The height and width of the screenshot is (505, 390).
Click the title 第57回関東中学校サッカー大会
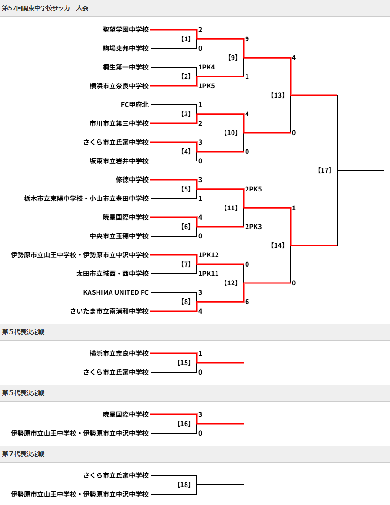pyautogui.click(x=45, y=8)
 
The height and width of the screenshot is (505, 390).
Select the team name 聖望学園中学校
pyautogui.click(x=126, y=30)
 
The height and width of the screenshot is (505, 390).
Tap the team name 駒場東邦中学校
pyautogui.click(x=126, y=48)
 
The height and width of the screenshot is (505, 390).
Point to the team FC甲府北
pyautogui.click(x=135, y=105)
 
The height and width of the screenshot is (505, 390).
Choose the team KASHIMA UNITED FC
pyautogui.click(x=116, y=292)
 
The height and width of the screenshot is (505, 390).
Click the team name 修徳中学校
pyautogui.click(x=132, y=180)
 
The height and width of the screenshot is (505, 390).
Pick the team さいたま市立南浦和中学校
pyautogui.click(x=109, y=311)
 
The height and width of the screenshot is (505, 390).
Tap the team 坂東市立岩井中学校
pyautogui.click(x=119, y=161)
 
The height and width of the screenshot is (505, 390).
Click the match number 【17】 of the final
pyautogui.click(x=325, y=170)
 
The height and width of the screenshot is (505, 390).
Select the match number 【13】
pyautogui.click(x=277, y=95)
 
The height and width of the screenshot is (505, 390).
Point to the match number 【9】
pyautogui.click(x=232, y=58)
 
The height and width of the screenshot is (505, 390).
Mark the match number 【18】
pyautogui.click(x=184, y=485)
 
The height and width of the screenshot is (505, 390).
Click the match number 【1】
pyautogui.click(x=186, y=39)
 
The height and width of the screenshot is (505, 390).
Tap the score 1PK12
pyautogui.click(x=209, y=255)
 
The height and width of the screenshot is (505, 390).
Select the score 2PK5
pyautogui.click(x=254, y=189)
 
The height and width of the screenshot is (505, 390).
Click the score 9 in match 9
pyautogui.click(x=247, y=39)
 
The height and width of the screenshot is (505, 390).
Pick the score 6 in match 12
pyautogui.click(x=247, y=302)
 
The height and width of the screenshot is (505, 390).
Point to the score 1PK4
pyautogui.click(x=207, y=67)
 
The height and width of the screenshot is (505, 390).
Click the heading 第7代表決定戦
pyautogui.click(x=23, y=454)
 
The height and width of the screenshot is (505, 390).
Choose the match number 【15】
pyautogui.click(x=184, y=363)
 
